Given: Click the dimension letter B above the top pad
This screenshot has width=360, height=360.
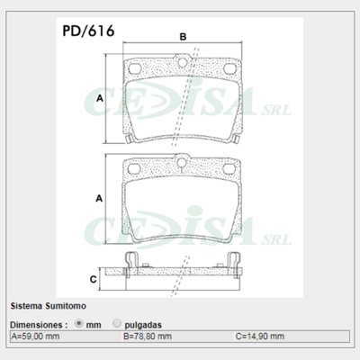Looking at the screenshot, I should [183, 37].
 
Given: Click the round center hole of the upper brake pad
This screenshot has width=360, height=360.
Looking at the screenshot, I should [183, 63].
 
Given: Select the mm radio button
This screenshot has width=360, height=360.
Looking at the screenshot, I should [79, 322].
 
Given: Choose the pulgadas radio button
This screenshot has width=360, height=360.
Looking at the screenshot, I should [118, 322].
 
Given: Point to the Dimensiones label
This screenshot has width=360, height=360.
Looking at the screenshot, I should [38, 322].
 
